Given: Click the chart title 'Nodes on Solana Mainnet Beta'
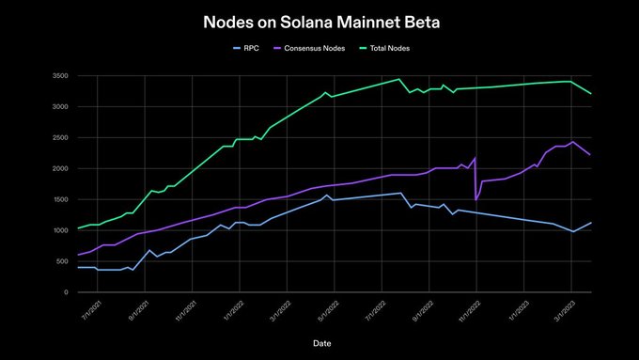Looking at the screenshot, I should [319, 21].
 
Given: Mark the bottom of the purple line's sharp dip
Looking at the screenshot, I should [476, 200].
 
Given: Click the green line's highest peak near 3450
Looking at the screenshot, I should [399, 79].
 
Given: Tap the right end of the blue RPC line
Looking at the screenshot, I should [590, 223].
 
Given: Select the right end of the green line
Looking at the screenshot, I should [590, 94].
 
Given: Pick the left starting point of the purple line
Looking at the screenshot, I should [78, 255].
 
